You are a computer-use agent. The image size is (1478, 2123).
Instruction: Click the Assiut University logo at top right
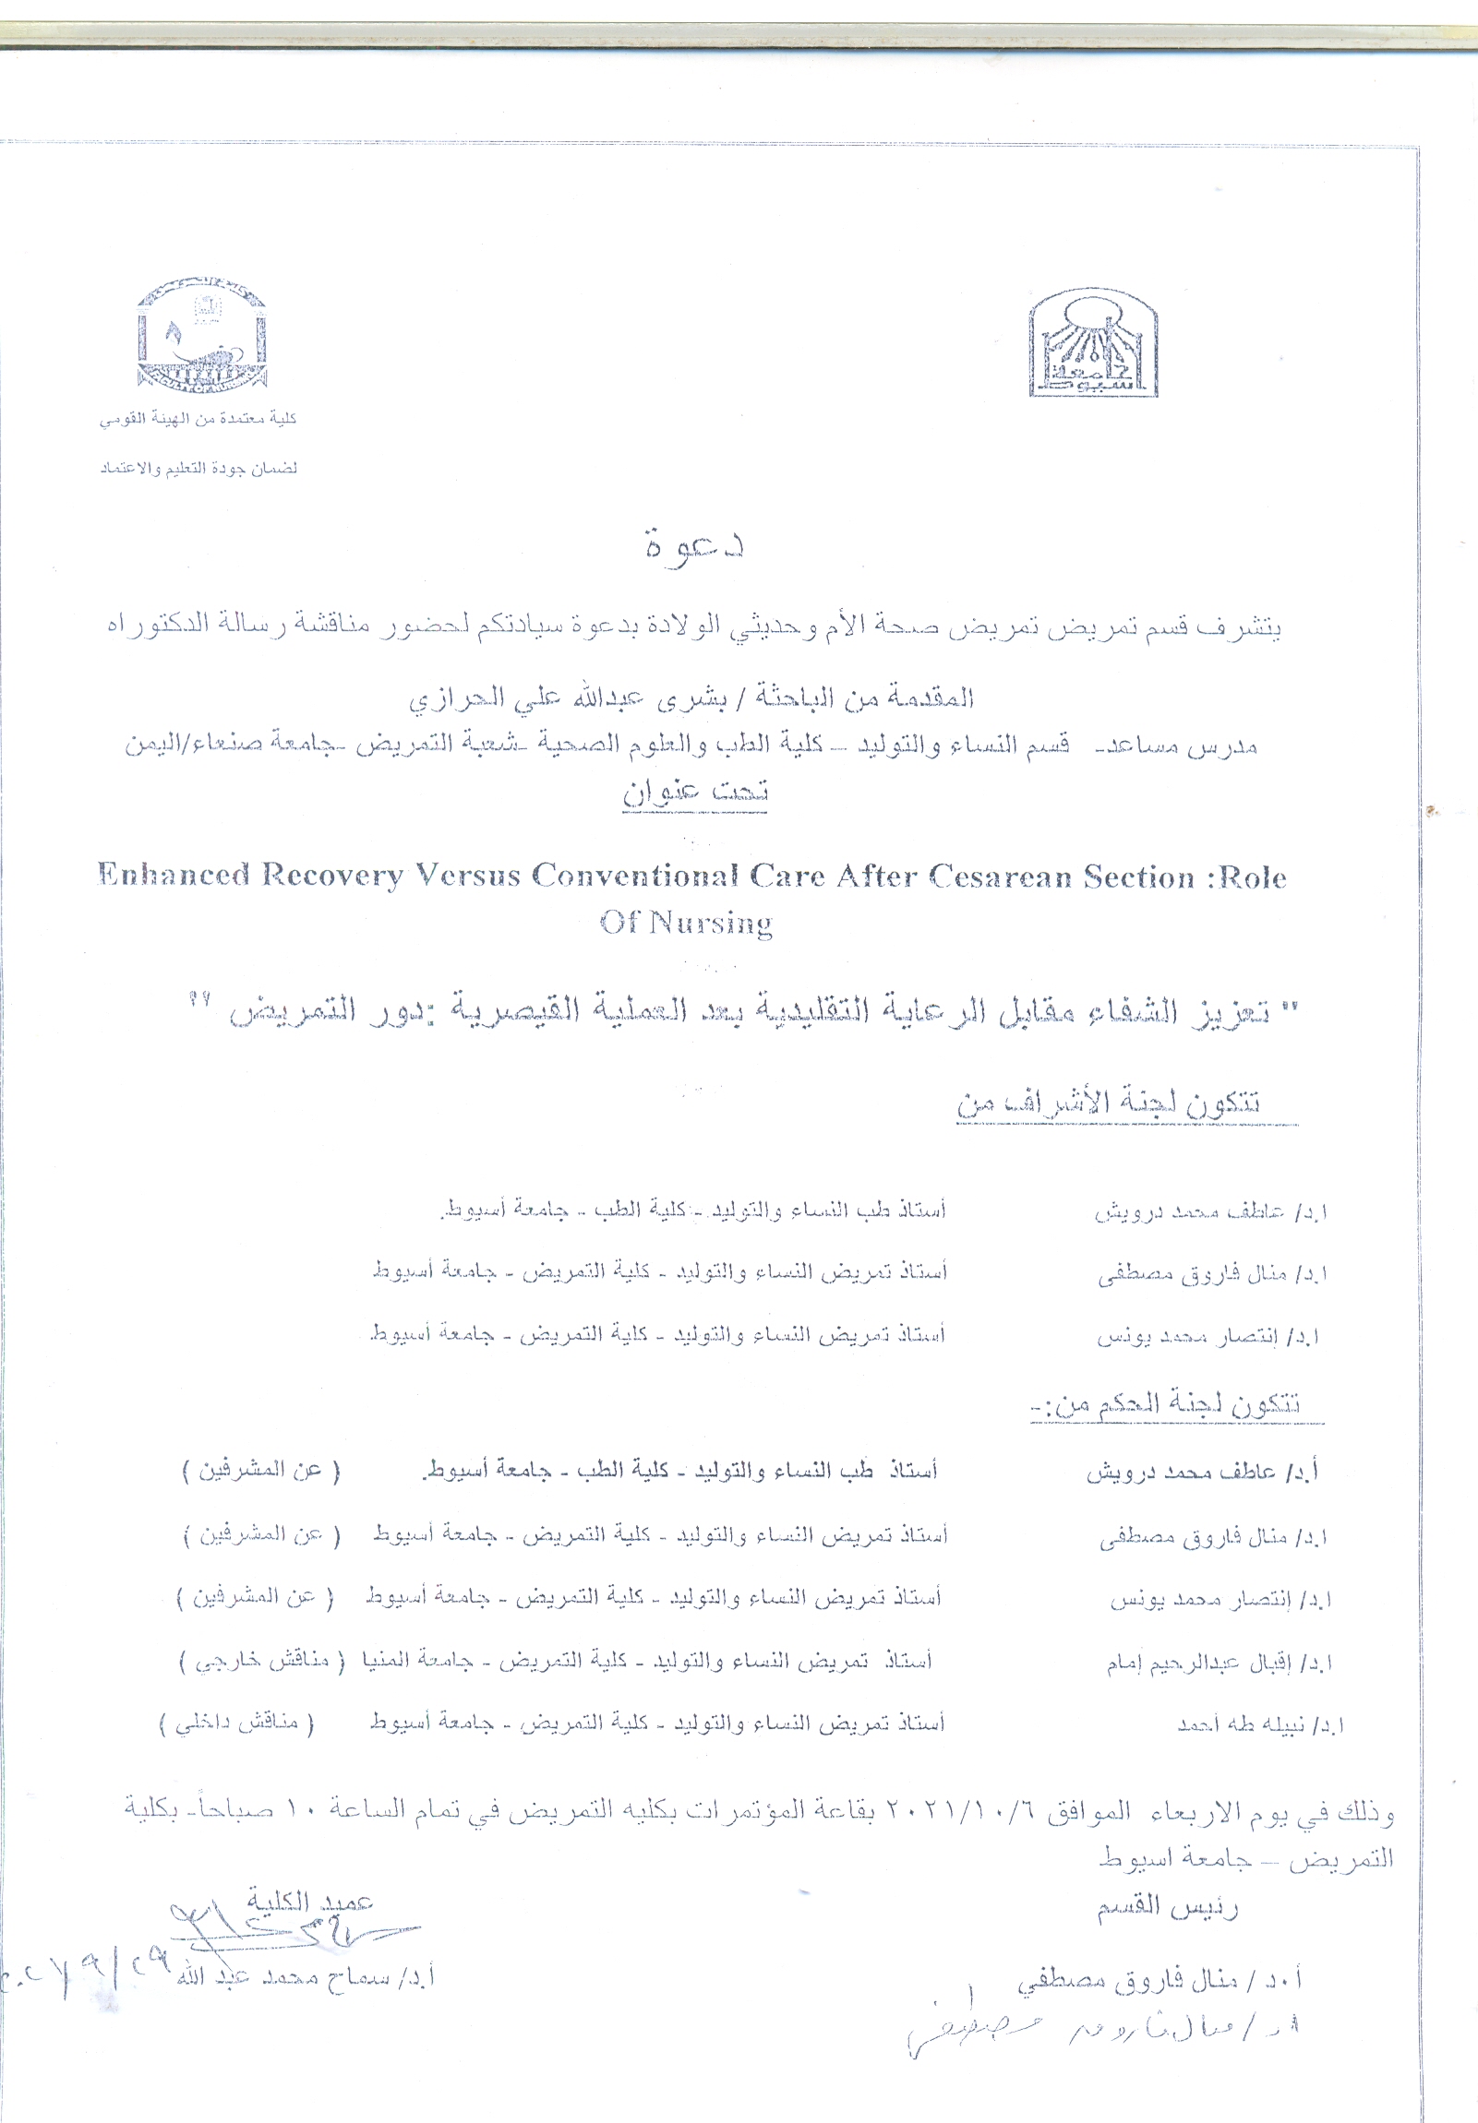[1093, 343]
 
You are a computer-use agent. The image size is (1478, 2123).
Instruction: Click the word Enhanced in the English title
[174, 875]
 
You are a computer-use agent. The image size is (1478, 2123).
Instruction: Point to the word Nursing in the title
[710, 923]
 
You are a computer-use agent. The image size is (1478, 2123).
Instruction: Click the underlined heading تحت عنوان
[695, 793]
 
